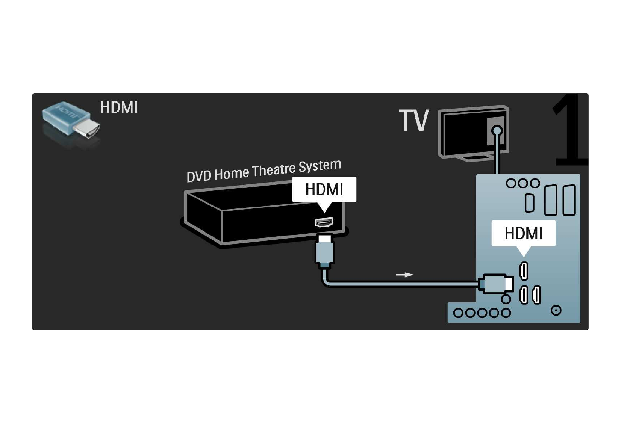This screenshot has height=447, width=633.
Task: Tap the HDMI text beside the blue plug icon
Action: [x=119, y=107]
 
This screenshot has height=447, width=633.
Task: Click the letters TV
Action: [x=413, y=121]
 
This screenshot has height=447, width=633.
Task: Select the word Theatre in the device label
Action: [x=274, y=170]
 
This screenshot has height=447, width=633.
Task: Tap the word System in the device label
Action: [x=320, y=166]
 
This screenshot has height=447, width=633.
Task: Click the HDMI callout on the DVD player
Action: [x=324, y=190]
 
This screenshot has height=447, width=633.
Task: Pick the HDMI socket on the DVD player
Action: [x=324, y=222]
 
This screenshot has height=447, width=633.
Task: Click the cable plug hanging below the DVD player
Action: [x=324, y=252]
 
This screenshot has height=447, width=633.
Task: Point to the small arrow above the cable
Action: [x=404, y=275]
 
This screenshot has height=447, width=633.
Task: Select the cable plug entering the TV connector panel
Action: [x=496, y=284]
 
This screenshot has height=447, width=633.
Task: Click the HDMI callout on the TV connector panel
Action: [x=523, y=234]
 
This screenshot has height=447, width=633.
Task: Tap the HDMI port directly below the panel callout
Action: [x=523, y=270]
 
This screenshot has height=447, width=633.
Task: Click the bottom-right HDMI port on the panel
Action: [x=537, y=295]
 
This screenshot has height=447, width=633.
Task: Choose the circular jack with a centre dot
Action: [x=556, y=310]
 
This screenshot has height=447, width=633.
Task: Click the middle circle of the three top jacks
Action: [x=523, y=183]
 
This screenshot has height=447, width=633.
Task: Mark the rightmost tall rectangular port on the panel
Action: [x=569, y=200]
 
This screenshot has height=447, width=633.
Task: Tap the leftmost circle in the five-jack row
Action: [x=458, y=313]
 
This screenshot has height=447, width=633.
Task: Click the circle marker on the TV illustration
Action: [x=497, y=131]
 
